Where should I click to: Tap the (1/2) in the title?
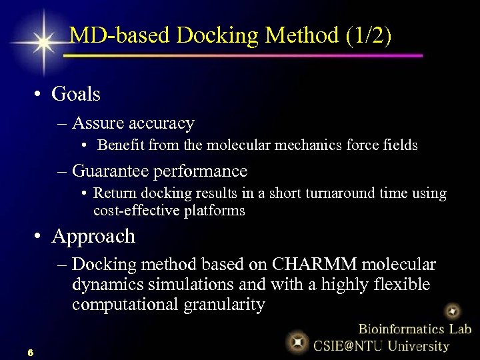click(369, 35)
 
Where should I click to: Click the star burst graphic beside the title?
click(43, 42)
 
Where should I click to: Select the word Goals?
click(76, 94)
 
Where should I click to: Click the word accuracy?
click(161, 123)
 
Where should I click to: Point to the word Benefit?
click(121, 145)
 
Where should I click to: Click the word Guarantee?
click(111, 171)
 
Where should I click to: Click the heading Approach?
click(93, 236)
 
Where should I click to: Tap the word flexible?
click(399, 285)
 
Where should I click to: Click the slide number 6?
click(31, 351)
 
